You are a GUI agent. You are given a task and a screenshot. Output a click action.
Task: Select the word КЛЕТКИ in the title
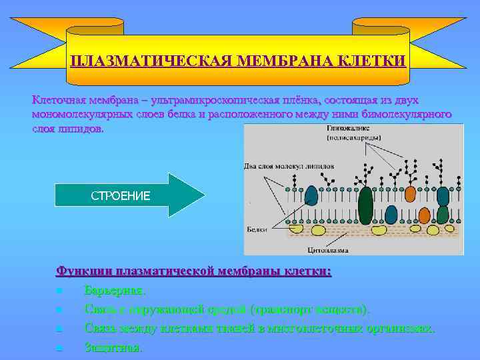375,61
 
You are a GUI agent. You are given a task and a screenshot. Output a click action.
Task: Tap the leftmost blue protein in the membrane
311,195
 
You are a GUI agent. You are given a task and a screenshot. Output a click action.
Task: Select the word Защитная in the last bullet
113,347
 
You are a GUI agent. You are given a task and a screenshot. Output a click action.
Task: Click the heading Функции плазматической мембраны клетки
193,271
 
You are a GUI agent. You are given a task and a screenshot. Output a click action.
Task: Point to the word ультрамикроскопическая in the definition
235,100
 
